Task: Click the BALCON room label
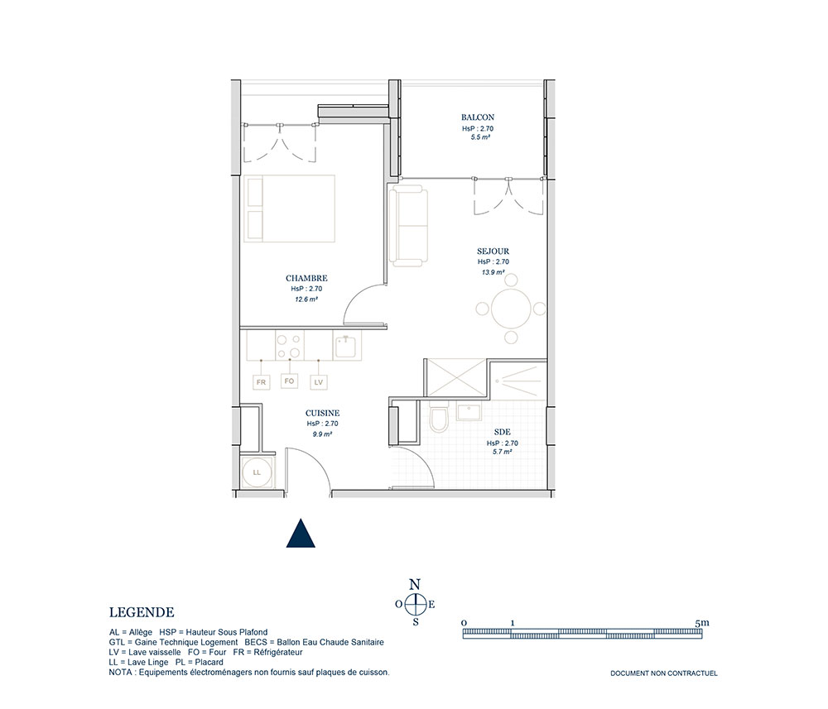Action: point(478,117)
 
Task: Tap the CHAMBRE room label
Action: point(306,278)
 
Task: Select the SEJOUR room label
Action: point(493,252)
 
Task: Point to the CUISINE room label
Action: point(322,413)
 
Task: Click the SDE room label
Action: point(503,432)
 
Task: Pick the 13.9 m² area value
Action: point(493,272)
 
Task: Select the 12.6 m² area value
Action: point(306,299)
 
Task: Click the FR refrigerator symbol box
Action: point(262,382)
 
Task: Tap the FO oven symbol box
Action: point(289,381)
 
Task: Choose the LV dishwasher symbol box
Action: point(319,382)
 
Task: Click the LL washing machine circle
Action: point(257,472)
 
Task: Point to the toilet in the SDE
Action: point(439,416)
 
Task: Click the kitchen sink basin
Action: point(346,347)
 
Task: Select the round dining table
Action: point(511,309)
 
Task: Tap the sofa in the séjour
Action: point(408,225)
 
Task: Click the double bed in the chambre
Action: point(289,208)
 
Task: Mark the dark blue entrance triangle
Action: point(301,534)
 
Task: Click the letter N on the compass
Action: point(415,584)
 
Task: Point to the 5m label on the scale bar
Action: point(702,622)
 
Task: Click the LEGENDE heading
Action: point(142,612)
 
